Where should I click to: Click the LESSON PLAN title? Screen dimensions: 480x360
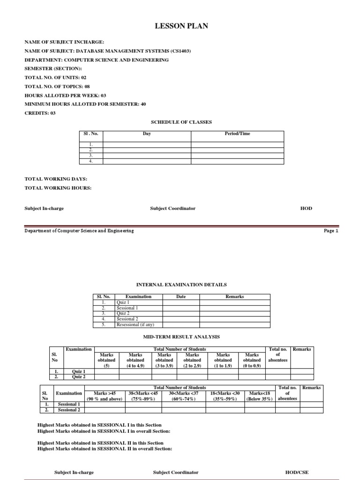tap(181, 27)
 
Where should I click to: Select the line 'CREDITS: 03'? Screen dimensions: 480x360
tap(40, 113)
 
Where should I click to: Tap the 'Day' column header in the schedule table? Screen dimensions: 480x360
tap(147, 134)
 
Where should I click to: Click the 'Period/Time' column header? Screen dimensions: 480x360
tap(238, 134)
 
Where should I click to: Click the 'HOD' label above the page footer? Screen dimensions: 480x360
tap(306, 208)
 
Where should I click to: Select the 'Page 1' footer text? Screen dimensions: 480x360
tap(330, 231)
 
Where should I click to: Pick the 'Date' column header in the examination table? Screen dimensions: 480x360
tap(181, 297)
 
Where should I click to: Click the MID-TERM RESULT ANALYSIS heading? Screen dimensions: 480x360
tap(181, 337)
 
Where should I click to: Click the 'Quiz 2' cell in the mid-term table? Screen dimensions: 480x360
tap(78, 376)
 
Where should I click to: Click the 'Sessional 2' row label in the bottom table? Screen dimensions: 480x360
tap(68, 410)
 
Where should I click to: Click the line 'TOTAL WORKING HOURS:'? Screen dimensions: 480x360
tap(58, 188)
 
